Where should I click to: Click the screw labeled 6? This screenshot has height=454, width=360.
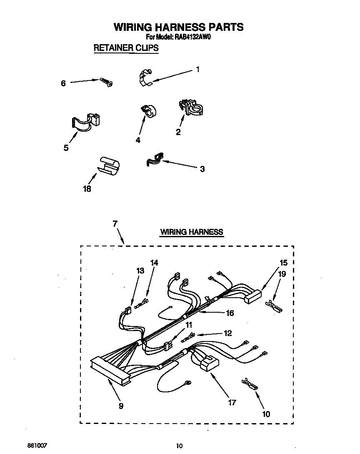(x=106, y=82)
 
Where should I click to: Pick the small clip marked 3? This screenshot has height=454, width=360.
(x=155, y=160)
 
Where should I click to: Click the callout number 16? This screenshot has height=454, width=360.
(x=230, y=313)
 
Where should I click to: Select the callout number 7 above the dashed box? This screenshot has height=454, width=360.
(x=115, y=224)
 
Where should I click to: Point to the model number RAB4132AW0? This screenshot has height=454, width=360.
(x=192, y=37)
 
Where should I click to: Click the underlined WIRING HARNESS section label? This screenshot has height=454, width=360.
(x=192, y=232)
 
